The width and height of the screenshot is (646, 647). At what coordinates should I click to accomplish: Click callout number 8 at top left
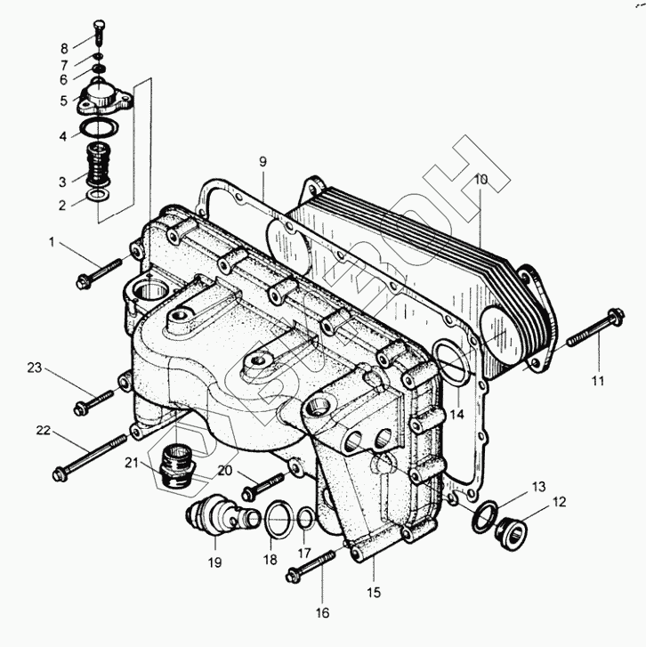click(64, 48)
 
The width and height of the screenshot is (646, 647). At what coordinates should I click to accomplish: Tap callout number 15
click(374, 592)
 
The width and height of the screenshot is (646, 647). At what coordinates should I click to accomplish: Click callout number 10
click(480, 179)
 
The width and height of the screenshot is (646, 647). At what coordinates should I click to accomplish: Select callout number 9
click(262, 161)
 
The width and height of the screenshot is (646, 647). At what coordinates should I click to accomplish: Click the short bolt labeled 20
click(257, 486)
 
